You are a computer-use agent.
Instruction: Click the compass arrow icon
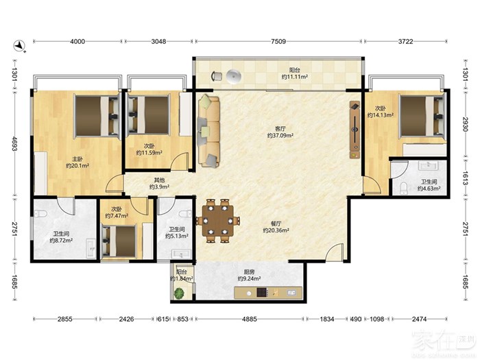point(20,46)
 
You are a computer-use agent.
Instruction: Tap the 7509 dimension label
point(278,41)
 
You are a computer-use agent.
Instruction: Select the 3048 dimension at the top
point(158,41)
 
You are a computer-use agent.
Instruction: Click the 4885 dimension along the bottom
point(250,319)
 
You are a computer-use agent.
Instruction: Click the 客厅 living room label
point(280,128)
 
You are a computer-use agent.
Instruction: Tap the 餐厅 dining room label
point(276,224)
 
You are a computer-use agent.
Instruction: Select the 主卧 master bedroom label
point(77,159)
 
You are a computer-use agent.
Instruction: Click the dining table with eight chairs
point(217,221)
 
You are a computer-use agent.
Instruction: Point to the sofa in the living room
point(208,132)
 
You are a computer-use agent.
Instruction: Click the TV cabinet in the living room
point(355,130)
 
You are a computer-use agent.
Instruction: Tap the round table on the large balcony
point(235,75)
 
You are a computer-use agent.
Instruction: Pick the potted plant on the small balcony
point(179,293)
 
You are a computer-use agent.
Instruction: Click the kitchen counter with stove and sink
point(268,293)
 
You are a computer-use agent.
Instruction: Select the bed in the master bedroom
point(97,116)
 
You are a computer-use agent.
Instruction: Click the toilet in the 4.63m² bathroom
point(403,189)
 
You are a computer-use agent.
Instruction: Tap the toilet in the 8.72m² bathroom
point(40,213)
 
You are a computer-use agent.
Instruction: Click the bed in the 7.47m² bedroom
point(119,241)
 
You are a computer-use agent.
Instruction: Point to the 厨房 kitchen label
point(249,272)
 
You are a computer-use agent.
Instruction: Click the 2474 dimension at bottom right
point(419,319)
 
